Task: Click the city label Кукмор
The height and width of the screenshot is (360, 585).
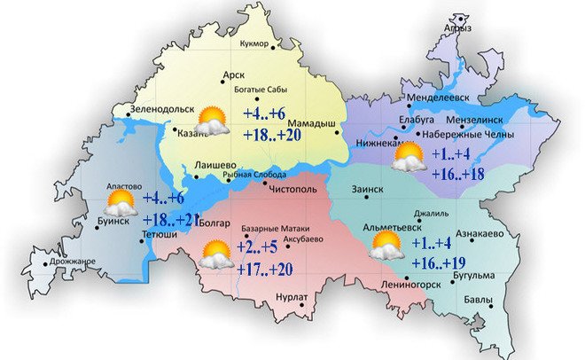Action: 256,43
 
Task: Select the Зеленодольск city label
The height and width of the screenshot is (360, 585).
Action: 162,109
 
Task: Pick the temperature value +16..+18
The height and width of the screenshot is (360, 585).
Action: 463,173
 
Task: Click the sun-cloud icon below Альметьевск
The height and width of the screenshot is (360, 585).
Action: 387,247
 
